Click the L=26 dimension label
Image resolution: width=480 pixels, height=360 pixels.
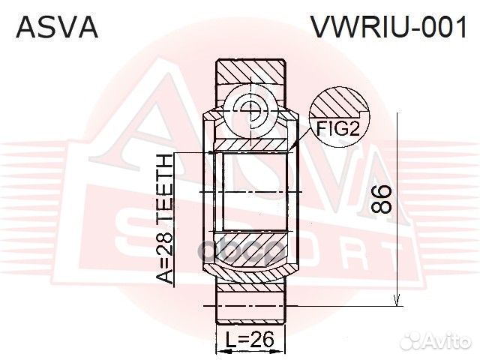click(x=250, y=339)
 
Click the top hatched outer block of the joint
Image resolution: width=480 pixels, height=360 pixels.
click(x=251, y=71)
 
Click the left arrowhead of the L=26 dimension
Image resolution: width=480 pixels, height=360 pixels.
click(x=219, y=350)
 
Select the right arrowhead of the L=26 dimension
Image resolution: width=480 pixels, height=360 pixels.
click(x=283, y=350)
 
